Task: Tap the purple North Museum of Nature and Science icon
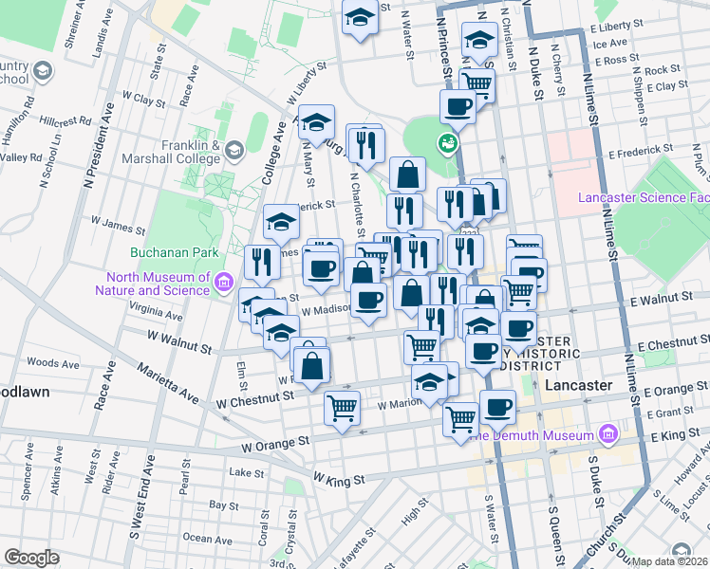tap(223, 282)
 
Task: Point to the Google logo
tap(31, 558)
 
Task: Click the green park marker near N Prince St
tap(446, 143)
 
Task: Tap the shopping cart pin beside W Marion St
tap(342, 408)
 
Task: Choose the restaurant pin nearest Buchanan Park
tap(261, 262)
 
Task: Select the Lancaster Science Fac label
tap(644, 197)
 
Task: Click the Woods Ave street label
tap(47, 362)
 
